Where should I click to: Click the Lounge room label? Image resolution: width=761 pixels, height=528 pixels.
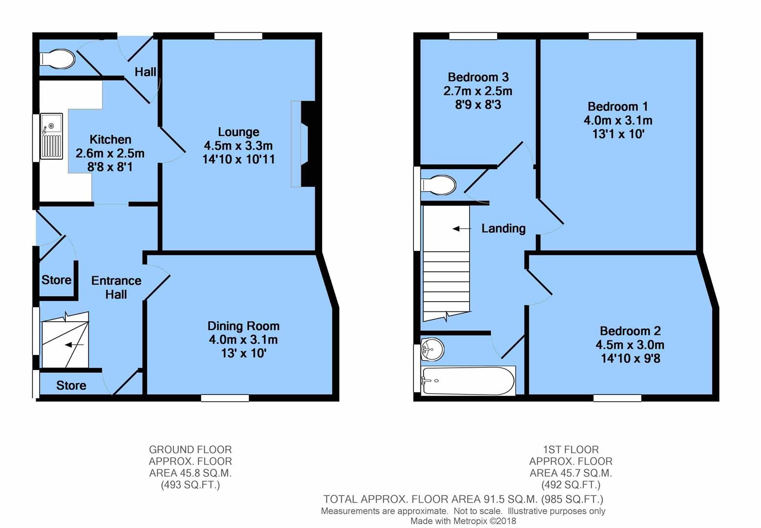pos(239,132)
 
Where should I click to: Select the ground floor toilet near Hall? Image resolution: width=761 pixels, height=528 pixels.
pos(58,59)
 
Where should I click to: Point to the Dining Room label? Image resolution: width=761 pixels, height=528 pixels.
pos(243,326)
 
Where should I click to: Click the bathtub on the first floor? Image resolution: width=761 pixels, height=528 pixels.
pos(468,380)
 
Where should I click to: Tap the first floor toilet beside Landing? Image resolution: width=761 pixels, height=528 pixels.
pos(438,185)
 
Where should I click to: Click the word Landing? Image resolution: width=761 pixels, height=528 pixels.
pos(503,228)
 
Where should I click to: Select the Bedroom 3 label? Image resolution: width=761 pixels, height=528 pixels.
pos(478,77)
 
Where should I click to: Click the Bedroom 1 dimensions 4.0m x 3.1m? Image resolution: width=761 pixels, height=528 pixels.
pos(618,120)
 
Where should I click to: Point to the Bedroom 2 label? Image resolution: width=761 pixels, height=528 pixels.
pos(630,331)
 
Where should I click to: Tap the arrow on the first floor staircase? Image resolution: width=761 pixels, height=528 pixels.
pos(461,228)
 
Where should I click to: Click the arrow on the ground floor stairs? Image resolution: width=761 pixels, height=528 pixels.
pos(74,345)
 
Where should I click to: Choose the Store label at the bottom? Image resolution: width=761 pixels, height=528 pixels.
pos(71,386)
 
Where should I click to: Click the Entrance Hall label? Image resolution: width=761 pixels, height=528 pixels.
pos(116,287)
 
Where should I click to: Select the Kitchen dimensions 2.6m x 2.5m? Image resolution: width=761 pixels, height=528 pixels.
pos(110,154)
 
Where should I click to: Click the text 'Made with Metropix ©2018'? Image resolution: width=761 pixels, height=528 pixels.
pos(463,521)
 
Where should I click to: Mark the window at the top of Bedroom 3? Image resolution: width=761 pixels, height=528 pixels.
pos(473,36)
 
